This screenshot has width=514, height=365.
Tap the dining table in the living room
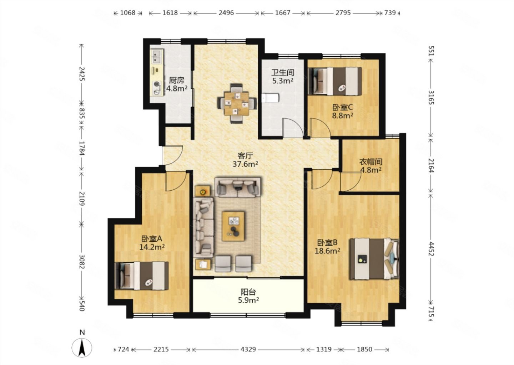(237, 104)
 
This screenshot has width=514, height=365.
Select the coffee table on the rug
(233, 226)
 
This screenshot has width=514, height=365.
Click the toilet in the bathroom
(271, 98)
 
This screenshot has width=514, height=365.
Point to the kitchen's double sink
(157, 57)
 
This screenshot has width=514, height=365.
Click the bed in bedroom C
(335, 81)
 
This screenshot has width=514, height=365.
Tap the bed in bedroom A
(142, 276)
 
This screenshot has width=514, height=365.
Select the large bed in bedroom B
(374, 259)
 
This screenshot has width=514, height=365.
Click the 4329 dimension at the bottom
(248, 349)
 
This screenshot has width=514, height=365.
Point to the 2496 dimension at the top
(226, 12)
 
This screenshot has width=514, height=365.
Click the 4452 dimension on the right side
(431, 249)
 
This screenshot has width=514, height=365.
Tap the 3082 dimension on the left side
(82, 262)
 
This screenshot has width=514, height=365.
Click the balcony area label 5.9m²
(248, 300)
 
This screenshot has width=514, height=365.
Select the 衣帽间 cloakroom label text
(371, 162)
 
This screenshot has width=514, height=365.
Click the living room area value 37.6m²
(245, 164)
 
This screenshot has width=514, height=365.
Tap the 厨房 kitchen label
(177, 80)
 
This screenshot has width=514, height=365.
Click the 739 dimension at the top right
(390, 12)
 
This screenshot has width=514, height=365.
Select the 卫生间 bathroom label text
(283, 73)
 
